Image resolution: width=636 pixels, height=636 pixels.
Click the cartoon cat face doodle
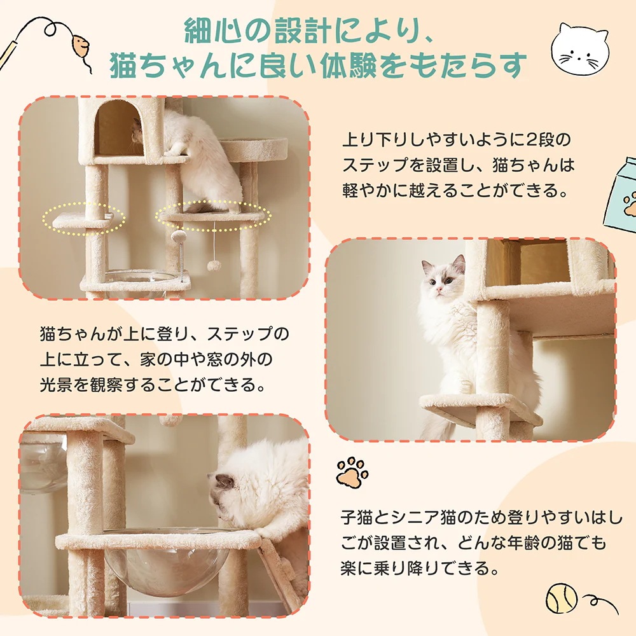(579, 50)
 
